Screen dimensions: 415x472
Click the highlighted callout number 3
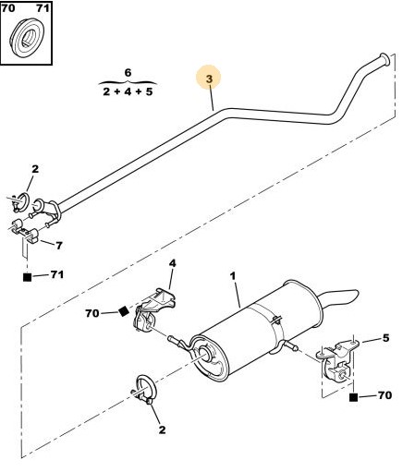point(209,79)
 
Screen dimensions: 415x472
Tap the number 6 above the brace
point(128,73)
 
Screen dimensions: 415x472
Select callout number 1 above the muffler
point(233,276)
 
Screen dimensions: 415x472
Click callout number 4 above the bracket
point(172,263)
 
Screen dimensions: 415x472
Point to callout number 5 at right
point(385,338)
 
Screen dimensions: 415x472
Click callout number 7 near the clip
point(59,246)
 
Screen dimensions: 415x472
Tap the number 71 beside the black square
point(56,274)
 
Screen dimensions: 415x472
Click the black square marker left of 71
point(28,277)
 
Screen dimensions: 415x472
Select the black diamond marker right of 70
point(124,311)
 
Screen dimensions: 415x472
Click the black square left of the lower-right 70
point(354,397)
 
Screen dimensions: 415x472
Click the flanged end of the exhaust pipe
point(384,59)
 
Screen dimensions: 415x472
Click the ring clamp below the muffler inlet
point(146,389)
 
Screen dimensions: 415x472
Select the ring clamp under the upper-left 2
point(21,201)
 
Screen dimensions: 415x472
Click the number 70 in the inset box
point(8,8)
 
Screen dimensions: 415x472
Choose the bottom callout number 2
point(162,430)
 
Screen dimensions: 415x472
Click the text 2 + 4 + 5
point(128,91)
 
